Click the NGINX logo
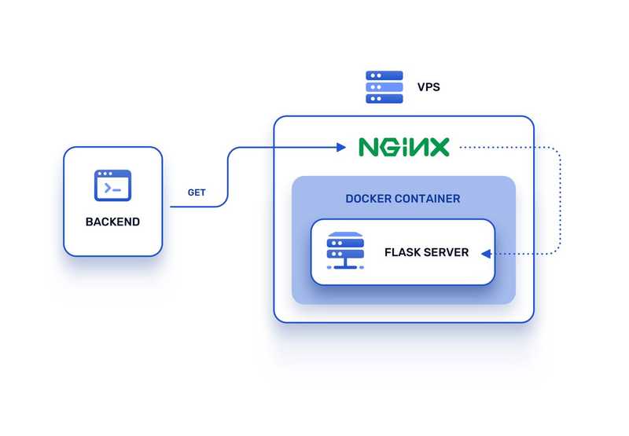tap(403, 147)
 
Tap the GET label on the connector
tap(197, 192)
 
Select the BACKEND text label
tap(112, 222)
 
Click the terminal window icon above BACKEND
tap(112, 186)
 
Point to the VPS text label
tap(429, 87)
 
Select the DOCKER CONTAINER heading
tap(403, 199)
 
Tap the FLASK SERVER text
tap(426, 252)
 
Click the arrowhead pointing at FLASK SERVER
tap(486, 253)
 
